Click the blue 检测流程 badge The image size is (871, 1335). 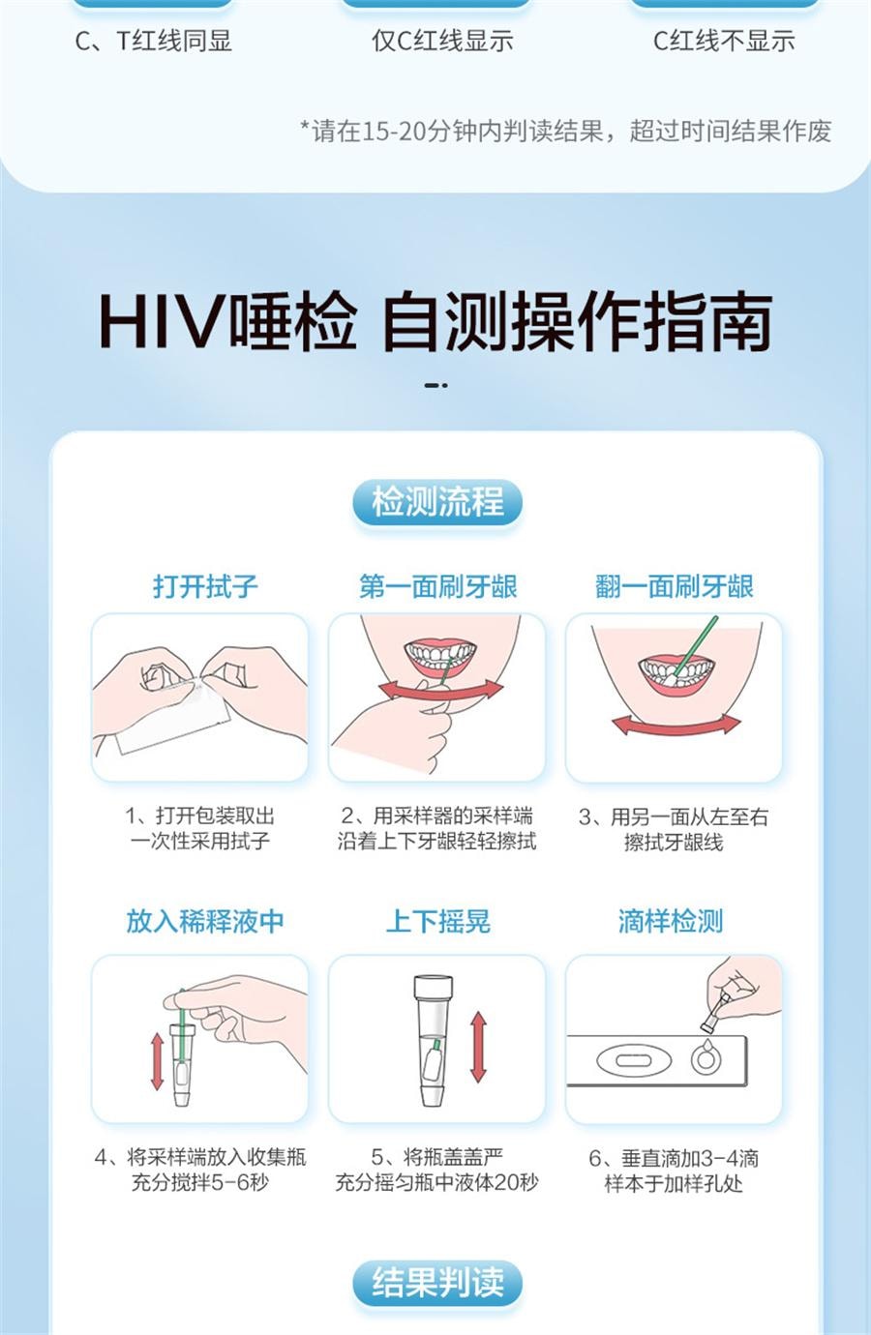click(x=437, y=501)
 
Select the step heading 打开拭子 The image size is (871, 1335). click(x=205, y=586)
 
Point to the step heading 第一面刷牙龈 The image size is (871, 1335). click(x=437, y=586)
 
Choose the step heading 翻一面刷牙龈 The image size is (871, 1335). click(x=675, y=586)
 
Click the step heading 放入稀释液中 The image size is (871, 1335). click(x=205, y=921)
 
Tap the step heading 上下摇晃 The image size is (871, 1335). click(x=437, y=921)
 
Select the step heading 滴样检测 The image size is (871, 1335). click(x=671, y=921)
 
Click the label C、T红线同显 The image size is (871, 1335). click(x=154, y=42)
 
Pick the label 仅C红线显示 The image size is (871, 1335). click(x=442, y=42)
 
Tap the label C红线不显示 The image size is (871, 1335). click(x=724, y=42)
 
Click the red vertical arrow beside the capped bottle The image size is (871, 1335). click(x=478, y=1046)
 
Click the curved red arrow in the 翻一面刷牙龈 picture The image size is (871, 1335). click(x=676, y=726)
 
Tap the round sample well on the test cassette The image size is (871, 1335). click(x=706, y=1059)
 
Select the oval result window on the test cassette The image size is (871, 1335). click(x=634, y=1060)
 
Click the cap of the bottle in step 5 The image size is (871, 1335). click(x=433, y=987)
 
